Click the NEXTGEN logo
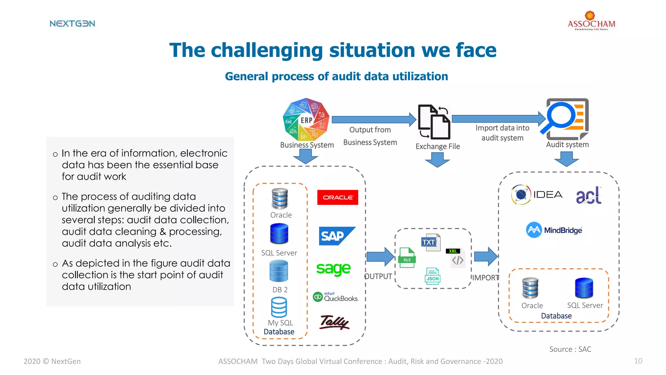click(72, 23)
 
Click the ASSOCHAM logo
click(591, 21)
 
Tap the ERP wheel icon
click(306, 119)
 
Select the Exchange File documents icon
click(434, 122)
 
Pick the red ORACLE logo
click(338, 197)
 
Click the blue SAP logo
click(337, 236)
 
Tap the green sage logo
click(333, 269)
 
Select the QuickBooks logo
click(336, 297)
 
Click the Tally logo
click(335, 323)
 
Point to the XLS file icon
click(407, 258)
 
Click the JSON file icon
click(433, 276)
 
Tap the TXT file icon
click(431, 242)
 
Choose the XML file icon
click(456, 257)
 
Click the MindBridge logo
click(554, 230)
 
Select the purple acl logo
click(589, 195)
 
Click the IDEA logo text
click(548, 195)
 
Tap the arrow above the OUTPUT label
click(380, 257)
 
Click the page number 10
click(638, 361)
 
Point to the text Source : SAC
click(570, 349)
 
